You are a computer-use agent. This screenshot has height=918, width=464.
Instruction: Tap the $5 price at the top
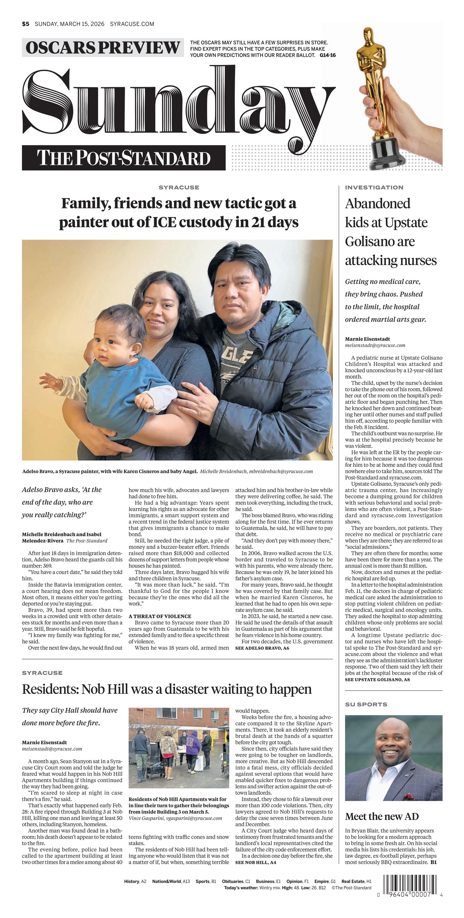[x=25, y=24]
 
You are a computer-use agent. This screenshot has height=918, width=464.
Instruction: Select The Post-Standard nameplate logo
[x=124, y=158]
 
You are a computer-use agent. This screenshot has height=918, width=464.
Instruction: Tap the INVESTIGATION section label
[x=374, y=188]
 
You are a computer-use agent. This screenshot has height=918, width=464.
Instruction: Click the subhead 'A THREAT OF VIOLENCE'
[x=160, y=616]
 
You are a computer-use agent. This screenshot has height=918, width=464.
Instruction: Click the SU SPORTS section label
[x=366, y=704]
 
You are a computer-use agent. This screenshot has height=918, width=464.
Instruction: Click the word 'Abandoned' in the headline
[x=377, y=203]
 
